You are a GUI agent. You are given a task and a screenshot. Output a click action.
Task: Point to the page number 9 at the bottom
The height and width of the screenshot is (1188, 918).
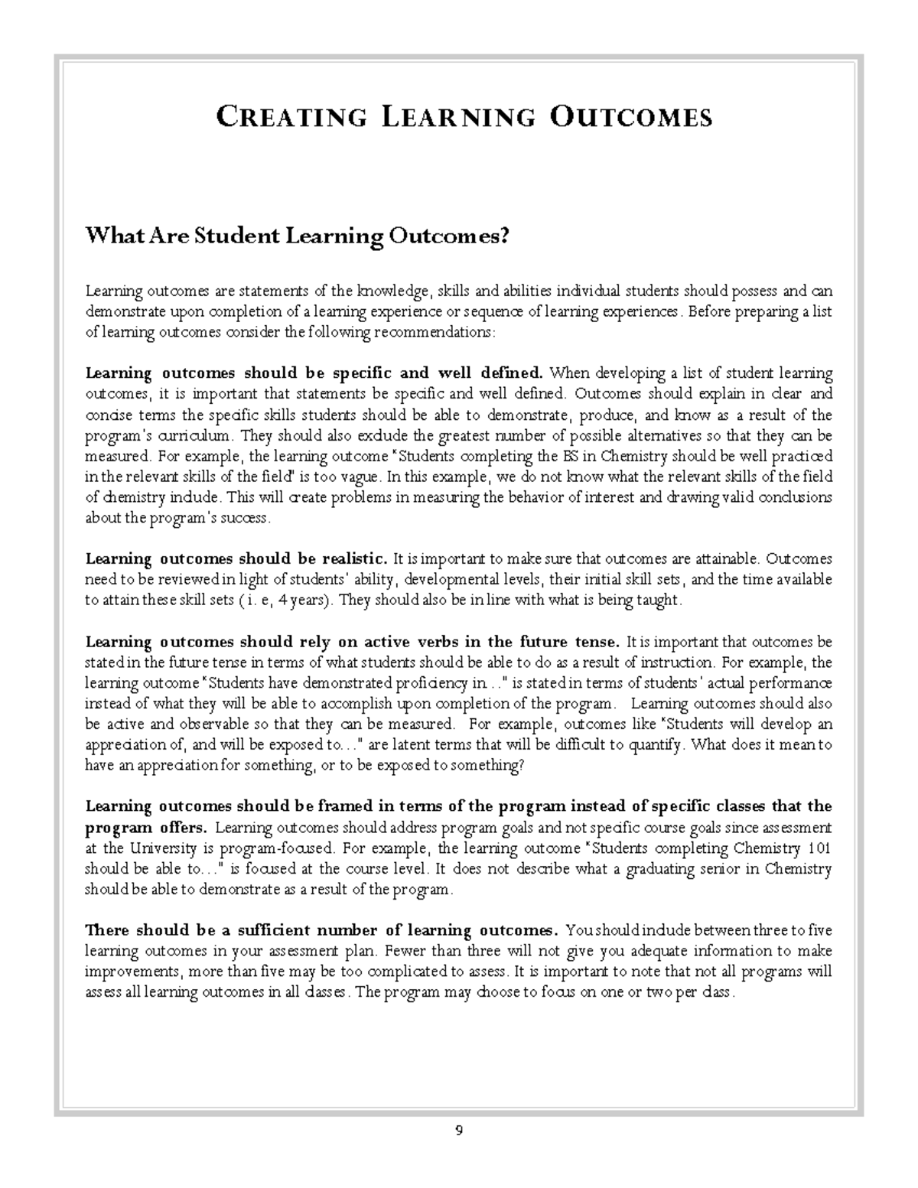[x=459, y=1131]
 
